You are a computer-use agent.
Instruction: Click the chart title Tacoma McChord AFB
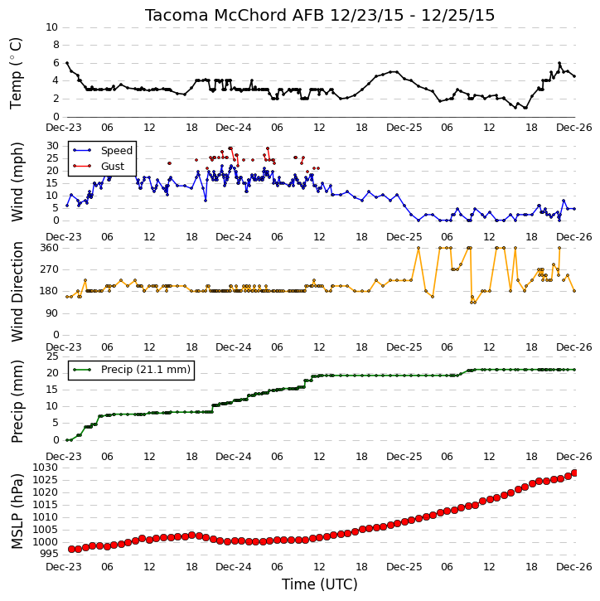point(235,15)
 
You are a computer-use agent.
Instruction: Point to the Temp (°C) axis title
point(16,73)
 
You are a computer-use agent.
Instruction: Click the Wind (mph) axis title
point(17,182)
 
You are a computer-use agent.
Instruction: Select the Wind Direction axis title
point(17,292)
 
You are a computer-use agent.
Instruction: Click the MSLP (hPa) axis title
point(17,511)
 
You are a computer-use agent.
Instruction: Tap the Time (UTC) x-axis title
point(320,584)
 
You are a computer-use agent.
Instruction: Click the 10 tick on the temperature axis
point(51,27)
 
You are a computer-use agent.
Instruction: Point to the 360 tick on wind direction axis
point(50,248)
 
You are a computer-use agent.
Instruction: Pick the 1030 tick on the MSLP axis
point(46,468)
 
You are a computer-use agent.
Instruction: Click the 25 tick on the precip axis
point(52,356)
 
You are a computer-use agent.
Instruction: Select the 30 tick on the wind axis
point(52,146)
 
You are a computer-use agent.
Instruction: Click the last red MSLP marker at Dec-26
point(574,473)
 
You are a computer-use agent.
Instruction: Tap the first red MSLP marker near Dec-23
point(71,550)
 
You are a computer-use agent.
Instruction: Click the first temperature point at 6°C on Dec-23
point(67,63)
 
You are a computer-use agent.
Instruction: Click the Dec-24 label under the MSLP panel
point(234,567)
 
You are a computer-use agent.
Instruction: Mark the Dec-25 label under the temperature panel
point(404,128)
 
